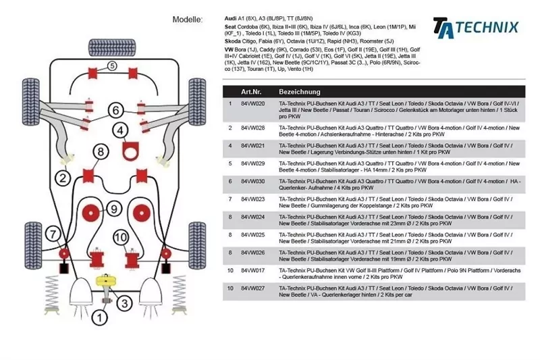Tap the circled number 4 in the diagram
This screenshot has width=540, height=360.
(x=119, y=130)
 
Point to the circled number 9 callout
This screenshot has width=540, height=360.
(x=113, y=208)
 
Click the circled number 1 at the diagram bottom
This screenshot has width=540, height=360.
(x=100, y=316)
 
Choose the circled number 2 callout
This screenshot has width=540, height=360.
(x=63, y=178)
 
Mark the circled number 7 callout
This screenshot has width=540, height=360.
(x=53, y=235)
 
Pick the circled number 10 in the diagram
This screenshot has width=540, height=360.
(x=120, y=238)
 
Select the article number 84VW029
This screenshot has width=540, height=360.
(x=252, y=163)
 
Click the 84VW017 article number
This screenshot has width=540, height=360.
(x=252, y=270)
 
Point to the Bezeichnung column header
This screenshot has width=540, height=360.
(x=300, y=91)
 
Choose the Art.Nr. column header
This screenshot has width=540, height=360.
(x=251, y=91)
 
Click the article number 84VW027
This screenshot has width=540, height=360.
(x=252, y=288)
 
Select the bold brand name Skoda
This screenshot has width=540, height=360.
(x=234, y=41)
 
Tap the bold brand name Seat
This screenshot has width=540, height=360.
(x=231, y=26)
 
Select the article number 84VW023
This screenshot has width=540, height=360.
(x=252, y=199)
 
